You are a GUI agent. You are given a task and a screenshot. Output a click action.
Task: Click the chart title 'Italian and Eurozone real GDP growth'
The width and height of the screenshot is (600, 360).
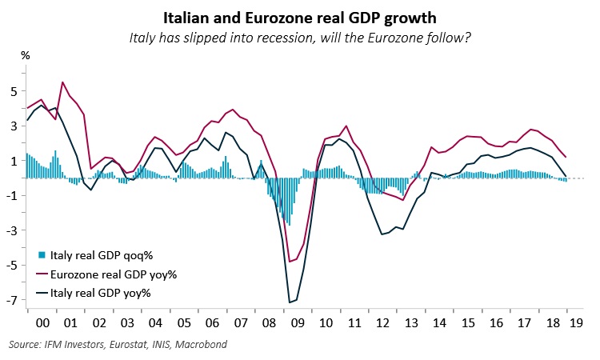299,16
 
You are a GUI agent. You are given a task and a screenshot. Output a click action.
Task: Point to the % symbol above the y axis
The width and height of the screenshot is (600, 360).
25,55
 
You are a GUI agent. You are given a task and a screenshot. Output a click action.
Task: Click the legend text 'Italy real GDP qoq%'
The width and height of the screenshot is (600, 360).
102,257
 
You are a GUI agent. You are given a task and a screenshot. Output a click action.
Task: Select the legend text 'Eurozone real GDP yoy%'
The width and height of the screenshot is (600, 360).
114,275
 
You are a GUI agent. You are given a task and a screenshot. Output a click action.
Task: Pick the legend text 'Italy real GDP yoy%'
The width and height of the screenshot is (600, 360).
101,294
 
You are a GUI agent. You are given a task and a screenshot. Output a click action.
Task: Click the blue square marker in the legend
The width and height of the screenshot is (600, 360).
42,257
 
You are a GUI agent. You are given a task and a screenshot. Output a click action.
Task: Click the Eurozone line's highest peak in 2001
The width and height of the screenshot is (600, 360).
63,82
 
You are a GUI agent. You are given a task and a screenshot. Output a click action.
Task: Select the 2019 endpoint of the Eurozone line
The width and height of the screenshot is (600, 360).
566,157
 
